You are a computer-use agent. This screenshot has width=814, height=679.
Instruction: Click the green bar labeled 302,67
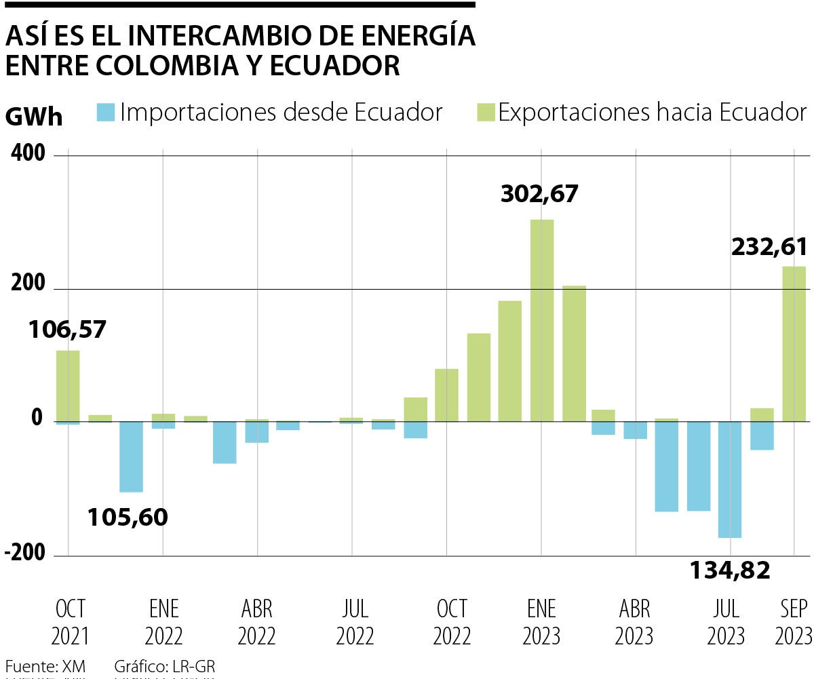(x=542, y=320)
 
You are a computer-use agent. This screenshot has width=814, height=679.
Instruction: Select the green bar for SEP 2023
(x=794, y=344)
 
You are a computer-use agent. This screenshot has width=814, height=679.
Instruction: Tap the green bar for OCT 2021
(x=68, y=385)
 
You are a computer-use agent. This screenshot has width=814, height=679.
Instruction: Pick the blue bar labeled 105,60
(x=131, y=457)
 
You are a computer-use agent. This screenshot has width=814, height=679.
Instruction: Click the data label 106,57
(x=67, y=330)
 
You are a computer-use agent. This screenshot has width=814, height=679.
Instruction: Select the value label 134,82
(x=730, y=570)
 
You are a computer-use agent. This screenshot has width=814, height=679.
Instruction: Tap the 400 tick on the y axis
(x=28, y=155)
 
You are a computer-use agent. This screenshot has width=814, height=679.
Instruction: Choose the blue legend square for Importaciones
(x=106, y=112)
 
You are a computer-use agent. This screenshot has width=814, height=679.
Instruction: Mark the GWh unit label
(x=34, y=117)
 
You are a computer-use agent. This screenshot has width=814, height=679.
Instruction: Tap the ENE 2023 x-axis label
(x=541, y=622)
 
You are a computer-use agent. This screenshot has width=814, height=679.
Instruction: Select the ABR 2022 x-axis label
(x=257, y=622)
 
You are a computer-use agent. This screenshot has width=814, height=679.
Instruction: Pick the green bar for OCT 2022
(x=446, y=395)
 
